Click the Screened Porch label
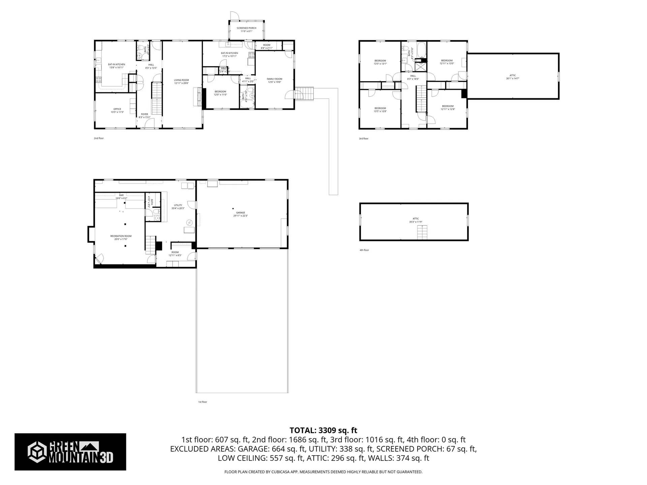tap(246, 30)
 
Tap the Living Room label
tap(181, 82)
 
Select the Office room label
tap(117, 110)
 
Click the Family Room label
tap(274, 80)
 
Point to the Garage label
tap(241, 214)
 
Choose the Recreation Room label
tap(121, 237)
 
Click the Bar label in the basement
tap(121, 196)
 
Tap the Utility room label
tap(178, 206)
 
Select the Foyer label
tap(144, 116)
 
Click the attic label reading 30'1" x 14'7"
tap(513, 77)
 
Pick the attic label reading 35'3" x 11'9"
tap(415, 220)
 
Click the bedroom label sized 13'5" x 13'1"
tap(380, 62)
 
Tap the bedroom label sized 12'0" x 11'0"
tap(220, 93)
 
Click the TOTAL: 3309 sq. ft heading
tap(323, 430)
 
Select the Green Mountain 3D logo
tap(70, 452)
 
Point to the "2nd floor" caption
tap(99, 138)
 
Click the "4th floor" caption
tap(364, 250)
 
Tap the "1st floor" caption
tap(202, 402)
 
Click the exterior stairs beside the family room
tap(304, 94)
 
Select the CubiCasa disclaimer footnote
tap(323, 472)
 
